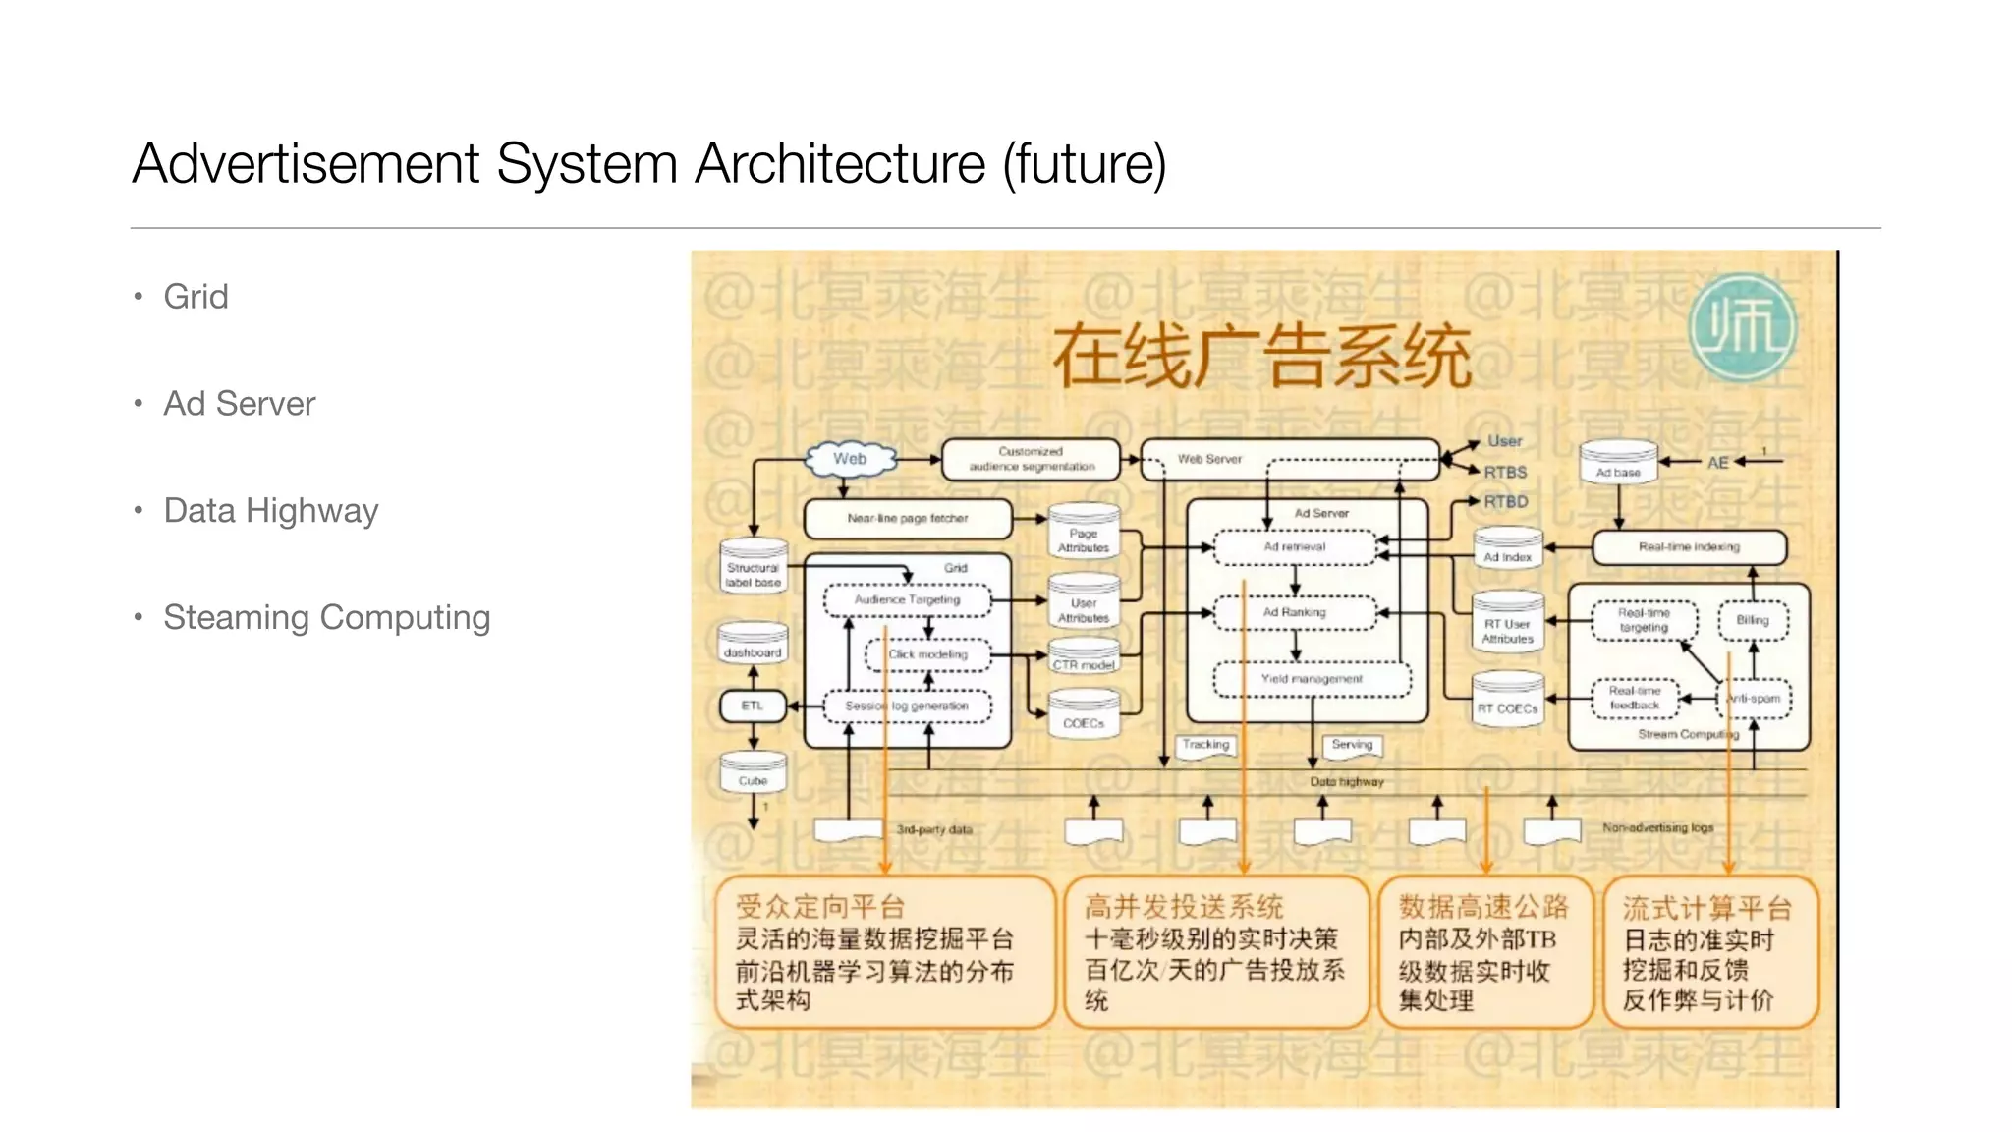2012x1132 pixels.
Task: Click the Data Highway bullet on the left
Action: [x=270, y=511]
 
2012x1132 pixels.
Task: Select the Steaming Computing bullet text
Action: [x=326, y=618]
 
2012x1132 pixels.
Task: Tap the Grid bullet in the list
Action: [x=196, y=297]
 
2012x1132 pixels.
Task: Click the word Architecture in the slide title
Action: [x=840, y=163]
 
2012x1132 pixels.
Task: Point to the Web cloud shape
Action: [x=850, y=459]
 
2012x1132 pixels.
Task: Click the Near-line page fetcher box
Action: [x=908, y=518]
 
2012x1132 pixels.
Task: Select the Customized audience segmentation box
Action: [x=1031, y=459]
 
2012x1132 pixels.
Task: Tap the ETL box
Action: [x=753, y=706]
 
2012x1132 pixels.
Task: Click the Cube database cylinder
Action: [x=753, y=773]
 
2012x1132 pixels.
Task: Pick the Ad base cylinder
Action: [x=1618, y=463]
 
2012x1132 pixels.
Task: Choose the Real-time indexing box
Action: [x=1689, y=547]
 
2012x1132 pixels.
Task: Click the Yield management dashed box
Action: [x=1312, y=679]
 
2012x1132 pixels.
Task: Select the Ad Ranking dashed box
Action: [x=1295, y=612]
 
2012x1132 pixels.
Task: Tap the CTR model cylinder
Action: [x=1084, y=656]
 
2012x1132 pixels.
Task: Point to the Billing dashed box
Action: [x=1753, y=620]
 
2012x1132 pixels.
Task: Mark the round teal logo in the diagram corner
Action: [x=1743, y=326]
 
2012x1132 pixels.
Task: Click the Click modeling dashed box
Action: [x=927, y=654]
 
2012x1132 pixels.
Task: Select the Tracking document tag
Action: [x=1205, y=746]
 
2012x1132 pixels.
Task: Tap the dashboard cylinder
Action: [x=753, y=644]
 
